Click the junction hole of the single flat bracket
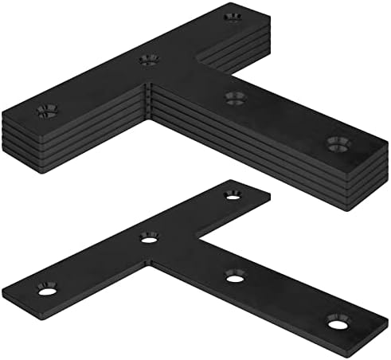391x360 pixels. tap(149, 237)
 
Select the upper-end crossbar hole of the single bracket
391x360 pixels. tap(233, 194)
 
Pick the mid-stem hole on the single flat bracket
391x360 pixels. tap(234, 276)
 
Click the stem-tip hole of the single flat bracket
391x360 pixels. tap(338, 322)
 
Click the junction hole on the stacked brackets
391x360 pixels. tap(147, 59)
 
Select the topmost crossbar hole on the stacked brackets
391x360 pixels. tap(233, 15)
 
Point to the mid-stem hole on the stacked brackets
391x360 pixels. tap(234, 98)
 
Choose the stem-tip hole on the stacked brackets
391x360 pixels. tap(338, 143)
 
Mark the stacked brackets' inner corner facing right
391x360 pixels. tap(195, 62)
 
